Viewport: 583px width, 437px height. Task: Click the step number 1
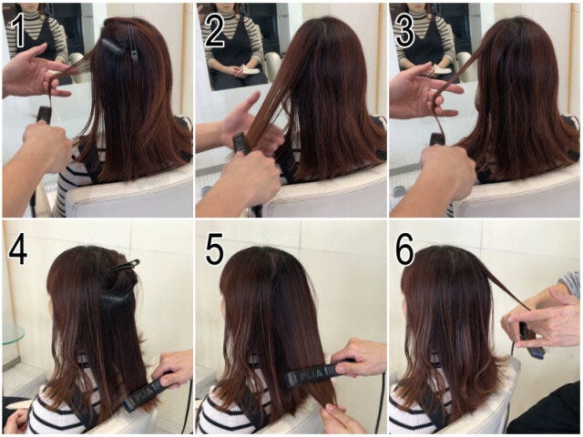click(17, 31)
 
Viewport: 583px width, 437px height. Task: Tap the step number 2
click(214, 31)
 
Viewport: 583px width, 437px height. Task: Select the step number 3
click(404, 31)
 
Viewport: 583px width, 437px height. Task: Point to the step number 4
click(17, 249)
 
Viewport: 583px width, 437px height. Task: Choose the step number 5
click(215, 249)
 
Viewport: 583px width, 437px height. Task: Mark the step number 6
click(404, 249)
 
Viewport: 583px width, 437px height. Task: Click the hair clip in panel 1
click(133, 44)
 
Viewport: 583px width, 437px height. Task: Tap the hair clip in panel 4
click(125, 265)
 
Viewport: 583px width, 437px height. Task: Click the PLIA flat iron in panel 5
click(321, 371)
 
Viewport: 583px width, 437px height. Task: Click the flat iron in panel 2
click(240, 144)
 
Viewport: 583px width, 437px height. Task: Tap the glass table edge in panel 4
click(14, 334)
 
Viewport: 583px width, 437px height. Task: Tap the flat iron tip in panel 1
click(45, 110)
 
